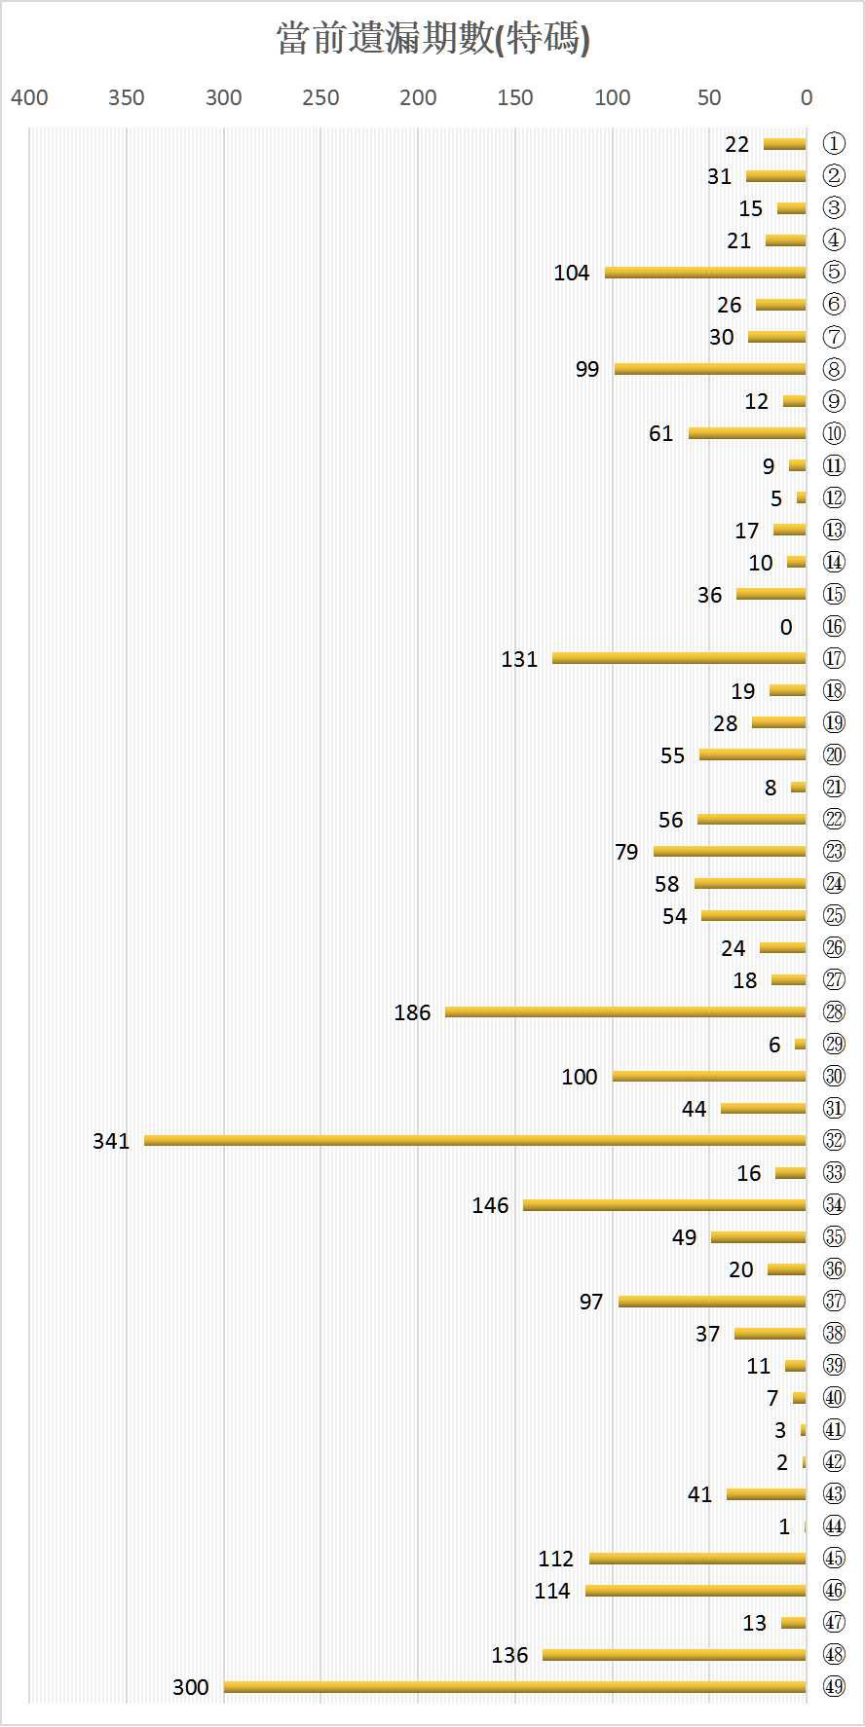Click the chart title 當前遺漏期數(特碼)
click(x=432, y=40)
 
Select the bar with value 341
click(x=475, y=1140)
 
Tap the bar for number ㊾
click(x=514, y=1687)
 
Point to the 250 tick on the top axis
click(x=320, y=97)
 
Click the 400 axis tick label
click(x=29, y=97)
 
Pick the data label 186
click(x=412, y=1012)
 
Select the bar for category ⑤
click(x=705, y=273)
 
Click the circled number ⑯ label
click(x=834, y=626)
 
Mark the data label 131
click(x=519, y=659)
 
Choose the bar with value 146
click(x=664, y=1205)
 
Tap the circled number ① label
click(x=834, y=144)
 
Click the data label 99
click(x=587, y=369)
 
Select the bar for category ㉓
click(x=730, y=851)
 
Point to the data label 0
click(x=786, y=627)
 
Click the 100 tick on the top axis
click(x=612, y=97)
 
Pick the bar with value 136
click(x=674, y=1655)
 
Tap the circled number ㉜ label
click(x=834, y=1140)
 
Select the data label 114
click(x=552, y=1591)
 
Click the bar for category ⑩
click(x=747, y=433)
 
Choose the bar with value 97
click(x=712, y=1302)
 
